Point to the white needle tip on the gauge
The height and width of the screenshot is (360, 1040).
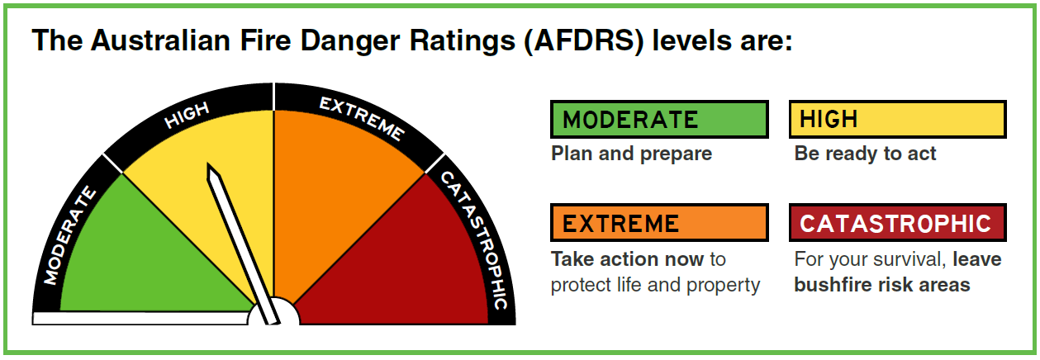pyautogui.click(x=208, y=164)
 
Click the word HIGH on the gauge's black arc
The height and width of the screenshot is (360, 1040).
pyautogui.click(x=188, y=116)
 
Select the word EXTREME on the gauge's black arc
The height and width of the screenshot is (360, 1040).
pyautogui.click(x=362, y=119)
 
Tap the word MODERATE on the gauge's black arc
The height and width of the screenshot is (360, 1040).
pyautogui.click(x=70, y=235)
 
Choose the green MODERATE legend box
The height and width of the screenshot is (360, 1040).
pyautogui.click(x=659, y=119)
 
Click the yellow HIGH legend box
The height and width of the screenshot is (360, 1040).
pyautogui.click(x=897, y=119)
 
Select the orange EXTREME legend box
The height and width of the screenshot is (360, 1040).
pyautogui.click(x=659, y=223)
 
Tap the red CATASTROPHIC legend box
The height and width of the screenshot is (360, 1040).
pyautogui.click(x=897, y=223)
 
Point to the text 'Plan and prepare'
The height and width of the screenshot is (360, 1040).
pyautogui.click(x=631, y=154)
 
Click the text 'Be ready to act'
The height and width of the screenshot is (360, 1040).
pyautogui.click(x=865, y=154)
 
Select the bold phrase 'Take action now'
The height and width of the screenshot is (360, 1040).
pyautogui.click(x=627, y=259)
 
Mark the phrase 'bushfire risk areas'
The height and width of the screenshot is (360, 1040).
pyautogui.click(x=882, y=285)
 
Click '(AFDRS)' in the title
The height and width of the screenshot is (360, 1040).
pyautogui.click(x=584, y=40)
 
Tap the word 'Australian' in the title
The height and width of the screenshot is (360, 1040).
pyautogui.click(x=160, y=40)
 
